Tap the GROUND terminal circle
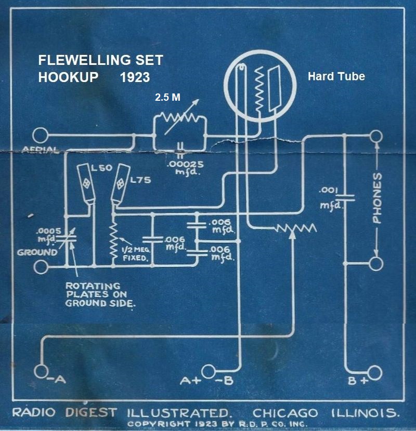pos(40,267)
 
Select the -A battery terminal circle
pos(40,371)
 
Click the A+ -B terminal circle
pos(209,371)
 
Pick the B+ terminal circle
pos(375,372)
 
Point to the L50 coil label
pos(98,170)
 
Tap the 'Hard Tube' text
pos(336,76)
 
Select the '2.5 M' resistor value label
pos(167,97)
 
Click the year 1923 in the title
pos(134,77)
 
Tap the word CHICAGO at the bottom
pos(285,413)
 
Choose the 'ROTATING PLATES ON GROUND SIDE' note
pos(99,294)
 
